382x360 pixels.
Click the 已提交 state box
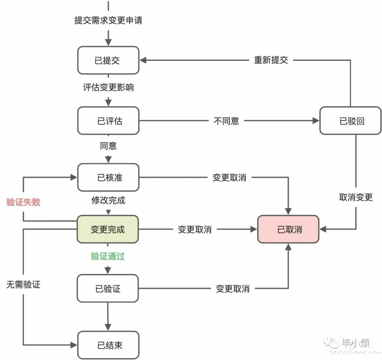tap(108, 60)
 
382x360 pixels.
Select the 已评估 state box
tap(108, 121)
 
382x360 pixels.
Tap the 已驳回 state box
tap(350, 121)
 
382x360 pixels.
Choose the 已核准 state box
tap(108, 177)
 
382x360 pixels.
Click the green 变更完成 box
tap(108, 229)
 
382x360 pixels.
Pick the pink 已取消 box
tap(288, 229)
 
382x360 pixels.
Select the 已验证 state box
tap(108, 288)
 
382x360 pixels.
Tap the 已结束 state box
tap(108, 345)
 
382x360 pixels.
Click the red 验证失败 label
tap(23, 202)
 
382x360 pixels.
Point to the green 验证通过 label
tap(108, 256)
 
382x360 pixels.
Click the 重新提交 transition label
tap(271, 60)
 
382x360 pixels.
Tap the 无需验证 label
tap(23, 285)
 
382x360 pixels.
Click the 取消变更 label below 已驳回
tap(356, 197)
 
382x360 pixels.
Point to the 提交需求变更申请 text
tap(108, 20)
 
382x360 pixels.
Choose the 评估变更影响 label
tap(108, 87)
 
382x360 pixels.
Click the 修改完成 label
tap(108, 200)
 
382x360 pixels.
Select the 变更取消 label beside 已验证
tap(232, 289)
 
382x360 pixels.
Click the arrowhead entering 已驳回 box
tap(316, 120)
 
